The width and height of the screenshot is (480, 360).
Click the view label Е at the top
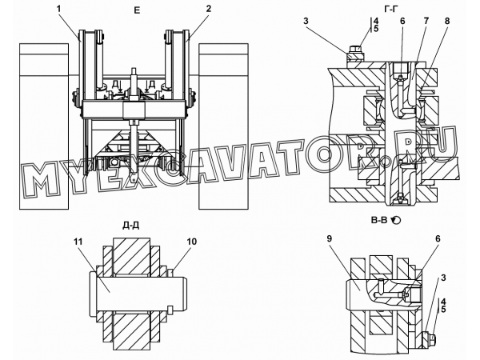(137, 10)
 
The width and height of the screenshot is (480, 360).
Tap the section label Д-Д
(131, 226)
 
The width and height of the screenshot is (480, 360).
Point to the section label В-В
(379, 220)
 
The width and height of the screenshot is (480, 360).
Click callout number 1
(58, 9)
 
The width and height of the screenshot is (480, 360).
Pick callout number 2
(209, 9)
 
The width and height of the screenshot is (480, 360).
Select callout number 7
(426, 21)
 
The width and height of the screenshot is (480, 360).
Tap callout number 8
(447, 21)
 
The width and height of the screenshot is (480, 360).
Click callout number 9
(330, 238)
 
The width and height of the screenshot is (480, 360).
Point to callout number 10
(192, 242)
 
